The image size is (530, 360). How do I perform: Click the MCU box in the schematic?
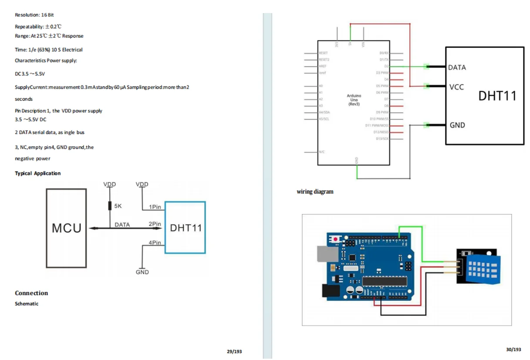pos(66,228)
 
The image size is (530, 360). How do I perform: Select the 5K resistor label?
pos(118,206)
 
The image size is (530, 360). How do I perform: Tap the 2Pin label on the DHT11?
pos(155,224)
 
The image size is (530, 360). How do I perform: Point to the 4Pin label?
pos(155,242)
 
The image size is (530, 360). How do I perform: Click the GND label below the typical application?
pos(142,272)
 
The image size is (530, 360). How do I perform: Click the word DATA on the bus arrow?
pos(122,225)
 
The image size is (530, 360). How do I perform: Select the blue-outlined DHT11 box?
pos(186,228)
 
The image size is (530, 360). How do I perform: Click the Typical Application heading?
pos(38,173)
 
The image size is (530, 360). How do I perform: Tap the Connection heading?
pos(31,293)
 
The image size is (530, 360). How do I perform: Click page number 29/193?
pos(234,351)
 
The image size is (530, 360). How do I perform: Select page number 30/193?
pos(513,350)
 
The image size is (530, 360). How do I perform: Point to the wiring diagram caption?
pos(315,192)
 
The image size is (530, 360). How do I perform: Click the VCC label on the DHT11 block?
pos(456,87)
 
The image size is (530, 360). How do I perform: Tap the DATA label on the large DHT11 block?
pos(457,67)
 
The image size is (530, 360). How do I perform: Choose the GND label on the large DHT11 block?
pos(457,125)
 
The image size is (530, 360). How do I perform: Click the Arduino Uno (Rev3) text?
pos(354,99)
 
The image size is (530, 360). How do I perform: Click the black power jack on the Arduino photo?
pos(330,290)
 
